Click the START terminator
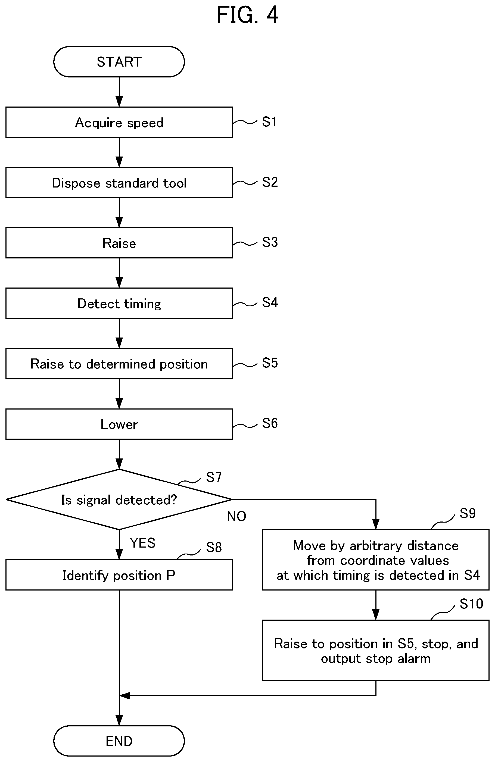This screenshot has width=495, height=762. [x=119, y=62]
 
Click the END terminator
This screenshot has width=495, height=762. [x=119, y=741]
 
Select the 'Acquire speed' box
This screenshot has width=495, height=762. [x=119, y=122]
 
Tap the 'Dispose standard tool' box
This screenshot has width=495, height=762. [x=119, y=183]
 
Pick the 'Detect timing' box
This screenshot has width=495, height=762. [x=119, y=303]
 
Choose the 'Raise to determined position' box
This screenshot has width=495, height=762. [x=119, y=364]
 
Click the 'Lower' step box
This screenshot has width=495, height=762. [x=119, y=424]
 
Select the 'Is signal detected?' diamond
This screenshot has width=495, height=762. [x=119, y=499]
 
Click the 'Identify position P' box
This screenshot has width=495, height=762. [x=119, y=575]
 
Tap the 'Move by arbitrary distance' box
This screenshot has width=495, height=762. [x=376, y=560]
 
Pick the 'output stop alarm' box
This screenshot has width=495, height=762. [x=376, y=651]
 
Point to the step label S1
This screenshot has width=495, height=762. [x=269, y=122]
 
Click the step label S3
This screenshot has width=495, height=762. [x=270, y=242]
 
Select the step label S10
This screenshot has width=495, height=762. [x=471, y=604]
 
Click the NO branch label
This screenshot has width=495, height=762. [x=236, y=516]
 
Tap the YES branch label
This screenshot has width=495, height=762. [x=143, y=543]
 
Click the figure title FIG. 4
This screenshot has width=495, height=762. [x=247, y=15]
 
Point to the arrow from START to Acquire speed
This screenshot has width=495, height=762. [x=119, y=92]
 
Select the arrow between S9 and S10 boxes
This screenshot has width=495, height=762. [x=376, y=605]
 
